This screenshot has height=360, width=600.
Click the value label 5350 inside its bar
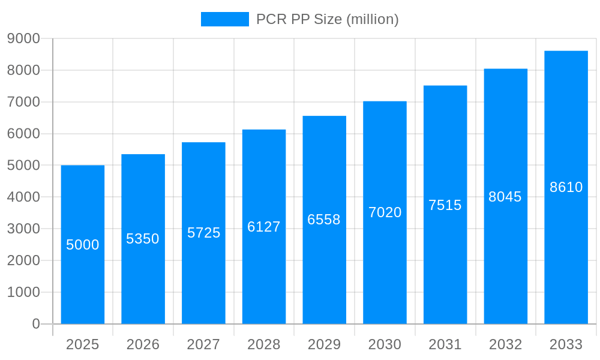tap(143, 239)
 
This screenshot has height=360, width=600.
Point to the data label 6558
tap(324, 220)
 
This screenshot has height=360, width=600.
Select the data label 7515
tap(445, 205)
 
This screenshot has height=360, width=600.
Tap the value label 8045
tap(505, 197)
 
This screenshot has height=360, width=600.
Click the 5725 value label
tap(204, 233)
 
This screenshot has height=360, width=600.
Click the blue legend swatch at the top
tap(224, 19)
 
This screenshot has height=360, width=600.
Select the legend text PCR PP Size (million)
tap(327, 19)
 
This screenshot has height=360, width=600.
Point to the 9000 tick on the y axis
tap(23, 38)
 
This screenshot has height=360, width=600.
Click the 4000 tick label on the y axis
tap(23, 197)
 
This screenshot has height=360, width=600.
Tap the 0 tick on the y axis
tap(35, 324)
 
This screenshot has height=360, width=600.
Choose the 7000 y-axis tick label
tap(23, 102)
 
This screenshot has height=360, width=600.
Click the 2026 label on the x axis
tap(143, 344)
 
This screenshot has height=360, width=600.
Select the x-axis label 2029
tap(324, 344)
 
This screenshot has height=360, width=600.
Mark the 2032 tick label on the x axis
tap(505, 344)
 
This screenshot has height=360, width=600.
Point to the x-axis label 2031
tap(445, 344)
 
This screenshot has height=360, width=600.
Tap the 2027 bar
tap(204, 276)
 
